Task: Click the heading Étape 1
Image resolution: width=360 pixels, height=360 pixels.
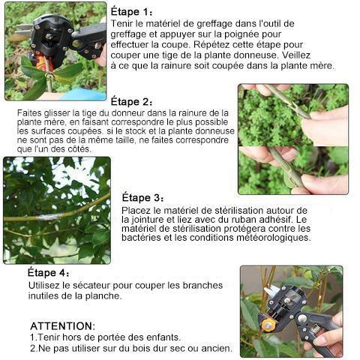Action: click(x=132, y=12)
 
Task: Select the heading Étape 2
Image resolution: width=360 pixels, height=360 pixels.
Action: click(x=132, y=101)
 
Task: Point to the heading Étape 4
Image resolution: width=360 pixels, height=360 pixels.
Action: click(x=49, y=272)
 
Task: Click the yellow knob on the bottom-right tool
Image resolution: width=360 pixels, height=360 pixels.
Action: click(x=267, y=324)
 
